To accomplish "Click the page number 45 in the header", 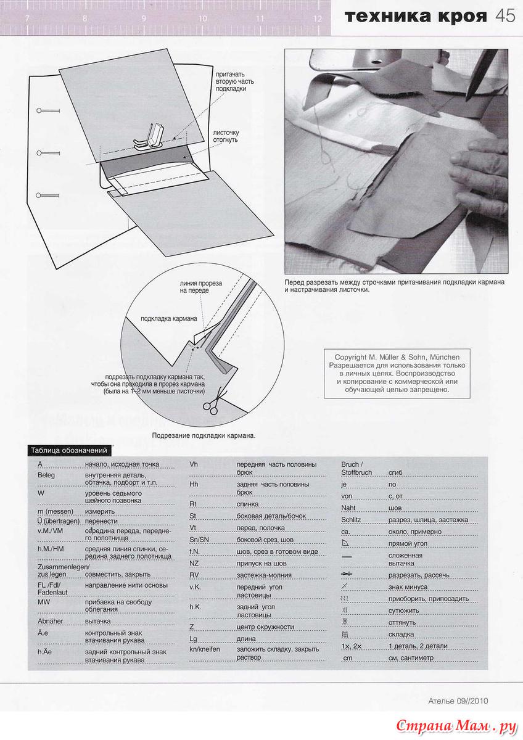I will pos(505,16).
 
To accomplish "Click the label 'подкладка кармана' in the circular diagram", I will pos(169,319).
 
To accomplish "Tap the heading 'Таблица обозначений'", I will pos(69,450).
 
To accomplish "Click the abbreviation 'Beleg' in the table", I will pos(46,475).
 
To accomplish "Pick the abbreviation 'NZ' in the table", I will pos(194,563).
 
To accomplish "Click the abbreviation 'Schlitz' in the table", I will pos(351,520).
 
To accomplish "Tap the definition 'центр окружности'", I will pos(265,627).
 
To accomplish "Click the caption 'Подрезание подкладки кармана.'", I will pos(203,435).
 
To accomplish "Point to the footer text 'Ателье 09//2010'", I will pos(458,701).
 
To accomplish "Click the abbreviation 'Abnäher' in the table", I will pos(52,621).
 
